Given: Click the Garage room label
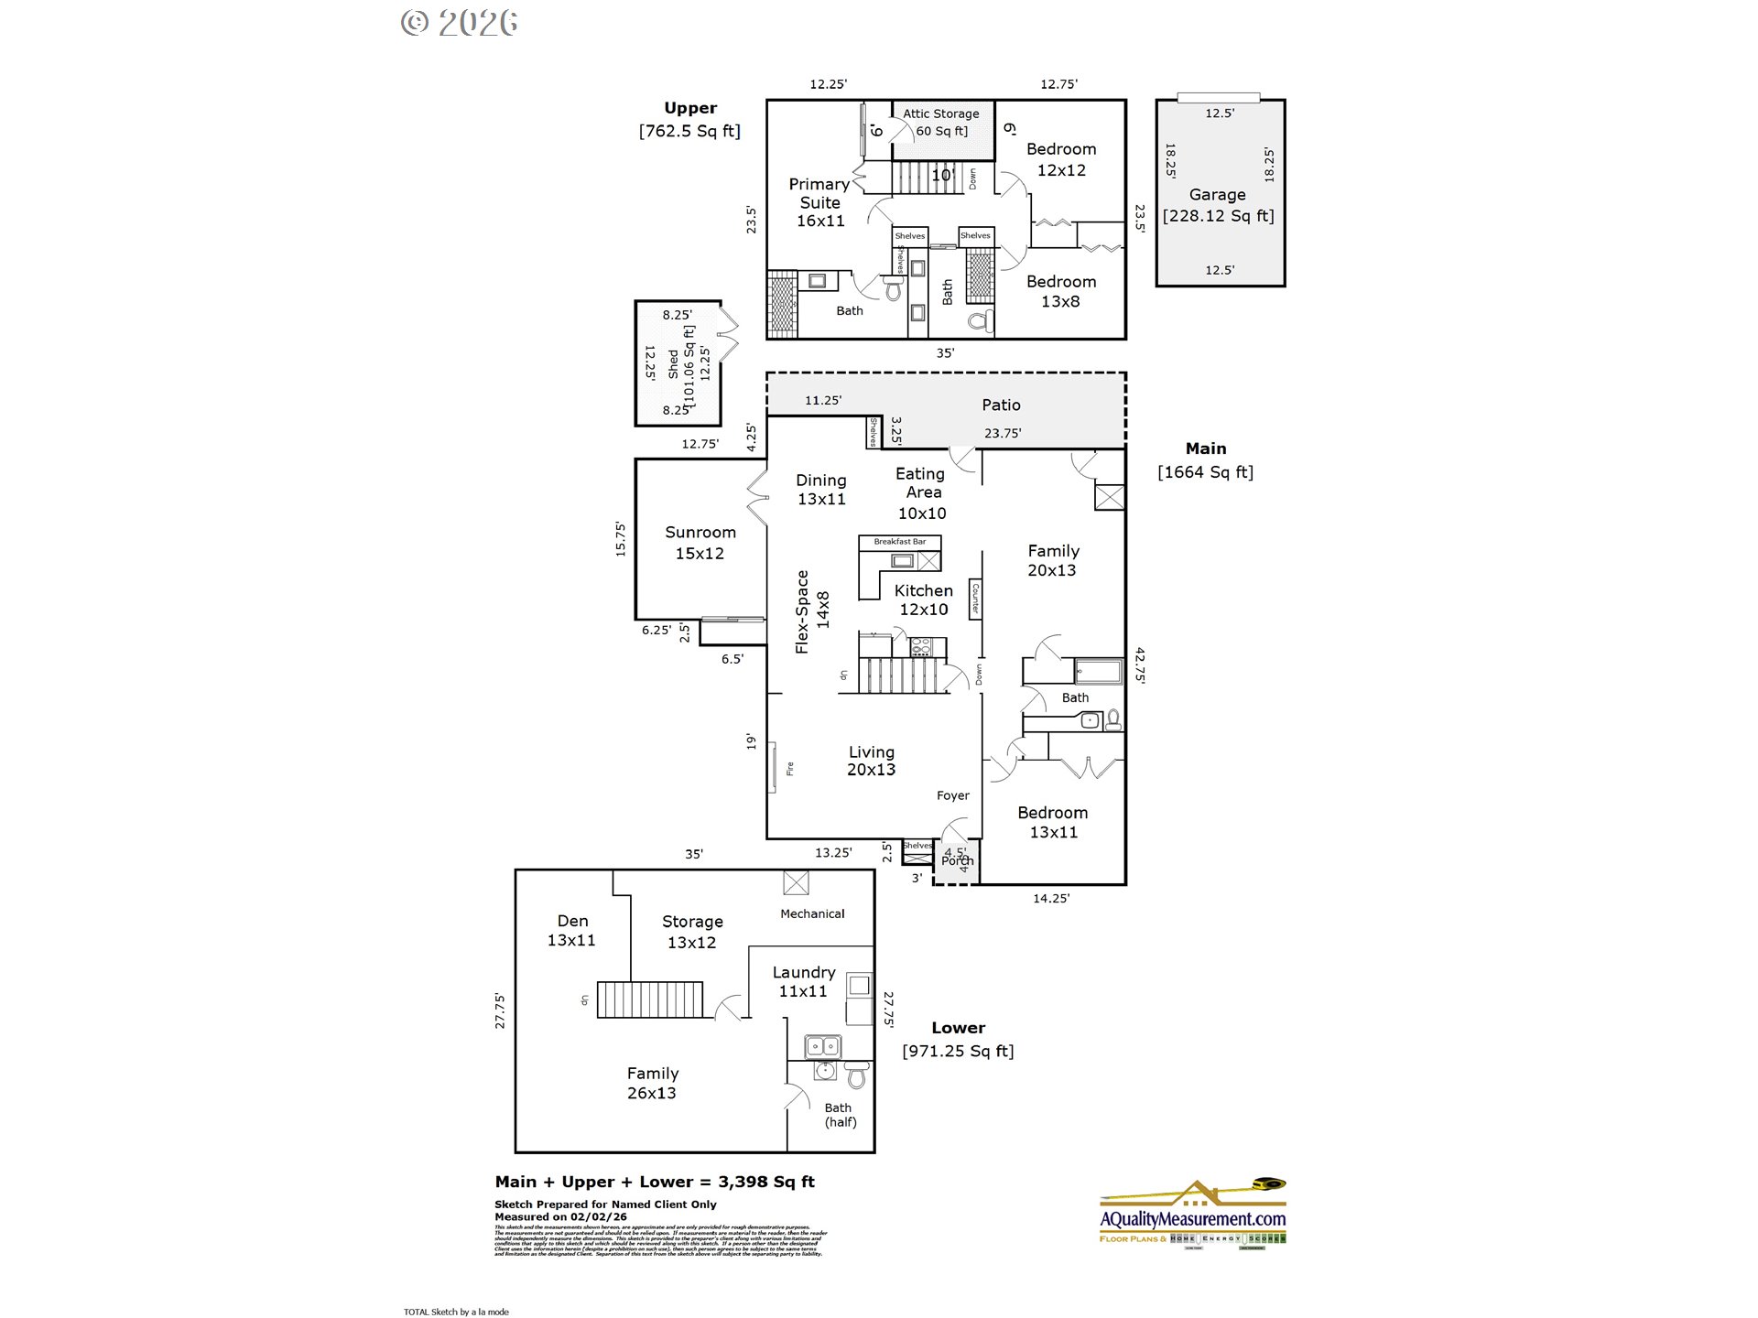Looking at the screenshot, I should (x=1217, y=195).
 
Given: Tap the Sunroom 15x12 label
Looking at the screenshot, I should (x=700, y=543).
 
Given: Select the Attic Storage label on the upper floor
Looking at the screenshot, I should (x=941, y=114).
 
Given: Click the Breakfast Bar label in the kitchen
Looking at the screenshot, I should (x=899, y=542).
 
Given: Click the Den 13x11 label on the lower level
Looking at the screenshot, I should (x=571, y=930).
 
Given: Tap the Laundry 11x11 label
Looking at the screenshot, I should (x=803, y=981).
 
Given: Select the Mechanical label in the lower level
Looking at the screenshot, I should (x=812, y=913).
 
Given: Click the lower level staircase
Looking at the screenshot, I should (x=650, y=999).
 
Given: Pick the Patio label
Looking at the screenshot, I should (x=1001, y=405).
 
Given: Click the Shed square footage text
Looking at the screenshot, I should (x=689, y=366).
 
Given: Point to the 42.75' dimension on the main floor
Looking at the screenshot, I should (x=1140, y=665).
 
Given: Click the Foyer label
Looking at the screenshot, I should (x=952, y=795).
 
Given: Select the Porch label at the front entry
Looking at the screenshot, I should (x=957, y=860).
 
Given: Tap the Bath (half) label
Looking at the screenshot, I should (x=839, y=1114).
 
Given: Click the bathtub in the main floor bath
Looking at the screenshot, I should (x=1097, y=671).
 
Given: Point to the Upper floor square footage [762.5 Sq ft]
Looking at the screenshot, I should (x=689, y=131).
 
